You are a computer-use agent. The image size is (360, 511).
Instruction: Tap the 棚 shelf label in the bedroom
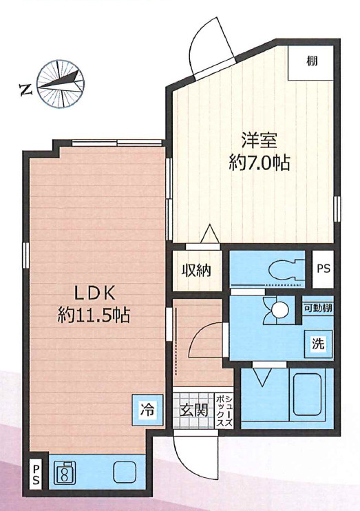tap(312, 61)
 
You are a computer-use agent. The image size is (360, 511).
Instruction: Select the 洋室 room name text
tap(259, 140)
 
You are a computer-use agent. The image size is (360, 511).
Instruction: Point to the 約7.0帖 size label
tap(260, 163)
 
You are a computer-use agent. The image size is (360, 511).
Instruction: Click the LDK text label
tap(95, 293)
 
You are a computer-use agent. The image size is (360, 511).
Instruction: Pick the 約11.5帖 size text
tap(94, 315)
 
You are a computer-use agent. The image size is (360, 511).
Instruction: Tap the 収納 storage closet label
tap(196, 270)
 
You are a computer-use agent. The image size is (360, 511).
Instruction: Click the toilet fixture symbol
tap(287, 269)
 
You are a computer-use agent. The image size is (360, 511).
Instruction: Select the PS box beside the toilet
tap(324, 269)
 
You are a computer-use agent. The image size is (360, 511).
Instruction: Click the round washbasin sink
tap(279, 309)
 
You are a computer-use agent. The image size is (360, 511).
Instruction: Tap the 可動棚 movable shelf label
tap(318, 308)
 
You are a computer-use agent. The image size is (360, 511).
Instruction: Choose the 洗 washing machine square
tap(318, 344)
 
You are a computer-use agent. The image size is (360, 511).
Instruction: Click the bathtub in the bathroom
tap(308, 395)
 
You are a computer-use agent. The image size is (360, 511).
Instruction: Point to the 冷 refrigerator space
tap(147, 409)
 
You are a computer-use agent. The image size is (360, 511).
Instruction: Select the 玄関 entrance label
tap(195, 410)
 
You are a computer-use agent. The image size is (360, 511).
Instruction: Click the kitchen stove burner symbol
tap(64, 472)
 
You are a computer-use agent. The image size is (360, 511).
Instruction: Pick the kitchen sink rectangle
tap(125, 472)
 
